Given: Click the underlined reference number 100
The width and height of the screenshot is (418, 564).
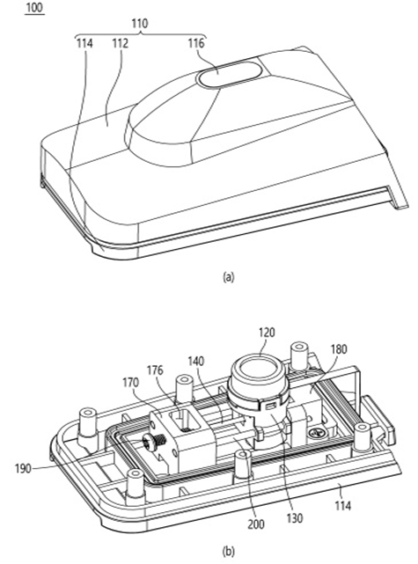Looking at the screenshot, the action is (34, 8).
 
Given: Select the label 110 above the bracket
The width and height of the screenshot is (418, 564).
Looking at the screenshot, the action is (140, 24).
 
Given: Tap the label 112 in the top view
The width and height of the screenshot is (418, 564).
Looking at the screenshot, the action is (121, 43).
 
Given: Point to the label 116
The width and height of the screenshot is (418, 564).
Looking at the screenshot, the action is (196, 43).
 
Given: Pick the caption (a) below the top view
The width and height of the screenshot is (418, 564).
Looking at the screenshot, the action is (228, 277).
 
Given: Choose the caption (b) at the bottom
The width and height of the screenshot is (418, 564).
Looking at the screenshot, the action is (228, 551).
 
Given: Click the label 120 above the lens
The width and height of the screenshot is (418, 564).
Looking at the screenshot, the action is (267, 332).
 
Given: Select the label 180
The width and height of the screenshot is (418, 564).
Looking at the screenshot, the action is (339, 349).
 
